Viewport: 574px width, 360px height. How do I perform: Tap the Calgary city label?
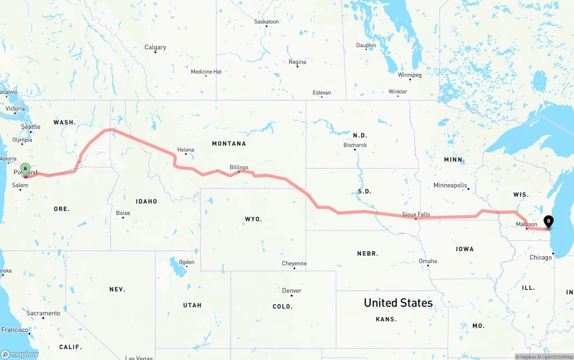click(x=155, y=47)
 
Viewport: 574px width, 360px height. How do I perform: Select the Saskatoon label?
click(x=266, y=22)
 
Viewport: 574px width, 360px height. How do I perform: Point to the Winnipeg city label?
click(x=409, y=75)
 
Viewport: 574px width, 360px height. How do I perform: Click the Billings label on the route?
click(x=239, y=167)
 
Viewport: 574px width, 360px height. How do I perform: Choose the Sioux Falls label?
click(x=416, y=214)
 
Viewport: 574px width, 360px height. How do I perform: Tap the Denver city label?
click(x=291, y=291)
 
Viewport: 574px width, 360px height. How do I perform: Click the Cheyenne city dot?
click(x=294, y=268)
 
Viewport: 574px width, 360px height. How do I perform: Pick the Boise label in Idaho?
click(x=123, y=213)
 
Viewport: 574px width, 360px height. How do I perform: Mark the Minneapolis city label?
click(x=450, y=185)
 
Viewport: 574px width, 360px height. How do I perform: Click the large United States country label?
click(x=398, y=303)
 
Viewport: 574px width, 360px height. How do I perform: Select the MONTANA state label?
click(x=229, y=143)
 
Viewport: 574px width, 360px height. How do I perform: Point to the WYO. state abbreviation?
click(x=253, y=219)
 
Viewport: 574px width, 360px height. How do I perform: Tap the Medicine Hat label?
click(x=206, y=72)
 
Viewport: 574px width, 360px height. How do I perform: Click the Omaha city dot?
click(x=428, y=265)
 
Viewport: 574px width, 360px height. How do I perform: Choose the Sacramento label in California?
click(x=43, y=313)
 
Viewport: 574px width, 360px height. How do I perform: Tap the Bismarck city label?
click(x=355, y=145)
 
